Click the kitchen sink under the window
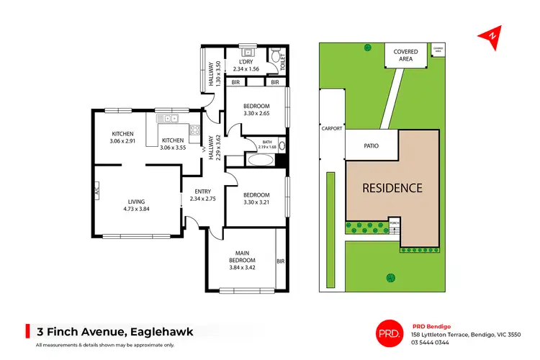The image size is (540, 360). point(171,119)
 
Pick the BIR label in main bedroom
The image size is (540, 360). point(281,262)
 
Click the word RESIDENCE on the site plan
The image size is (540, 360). point(392,188)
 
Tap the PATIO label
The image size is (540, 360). point(371,146)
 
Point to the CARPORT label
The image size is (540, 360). point(331,129)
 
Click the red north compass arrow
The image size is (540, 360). point(492,35)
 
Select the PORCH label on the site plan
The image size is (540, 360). point(394,223)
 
